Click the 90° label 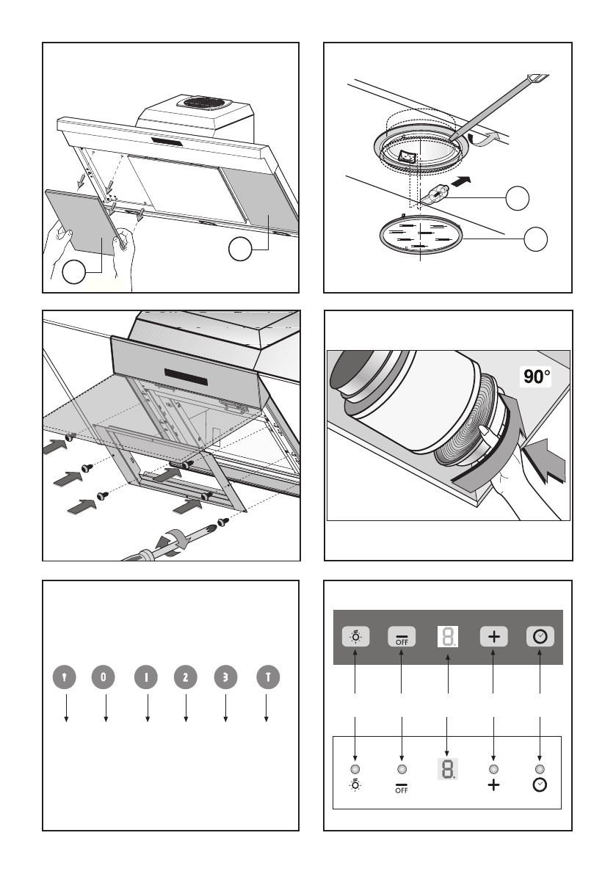(x=537, y=377)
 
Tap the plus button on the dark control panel (x=494, y=636)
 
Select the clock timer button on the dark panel (x=540, y=636)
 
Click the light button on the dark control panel (x=355, y=636)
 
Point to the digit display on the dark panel (x=448, y=636)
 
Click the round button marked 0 (x=103, y=677)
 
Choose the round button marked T (x=268, y=677)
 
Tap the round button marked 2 (x=186, y=677)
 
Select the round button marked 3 (x=226, y=677)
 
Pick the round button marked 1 (x=146, y=677)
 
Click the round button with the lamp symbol (x=64, y=677)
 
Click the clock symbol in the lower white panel (x=540, y=785)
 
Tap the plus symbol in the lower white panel (x=494, y=785)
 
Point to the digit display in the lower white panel (x=448, y=769)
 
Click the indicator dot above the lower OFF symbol (x=402, y=769)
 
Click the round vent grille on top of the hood (x=203, y=103)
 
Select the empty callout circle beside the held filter (x=73, y=272)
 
